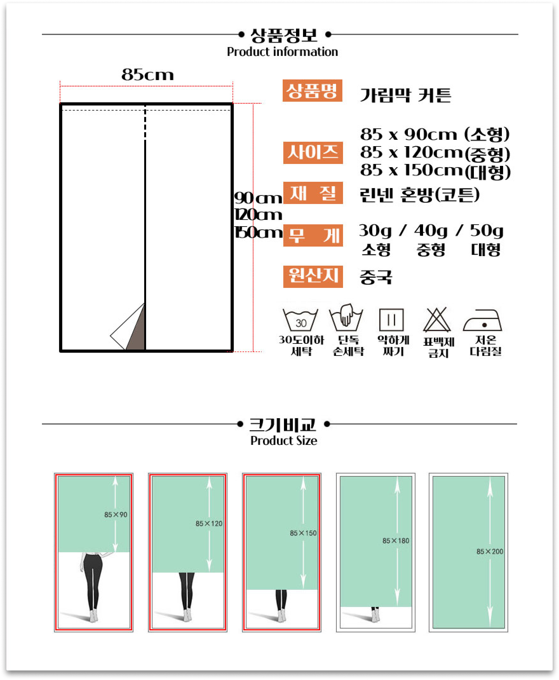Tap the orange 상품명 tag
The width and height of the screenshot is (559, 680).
[312, 91]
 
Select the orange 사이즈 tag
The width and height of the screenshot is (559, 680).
[313, 153]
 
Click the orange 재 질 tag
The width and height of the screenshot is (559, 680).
[313, 193]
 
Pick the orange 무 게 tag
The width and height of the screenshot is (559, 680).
[313, 235]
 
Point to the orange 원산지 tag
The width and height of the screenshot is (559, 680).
[313, 277]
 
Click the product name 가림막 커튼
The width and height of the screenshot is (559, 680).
[405, 95]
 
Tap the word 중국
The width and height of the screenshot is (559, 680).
[376, 277]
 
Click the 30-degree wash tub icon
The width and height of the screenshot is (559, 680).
[300, 320]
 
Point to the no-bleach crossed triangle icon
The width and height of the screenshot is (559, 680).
[437, 320]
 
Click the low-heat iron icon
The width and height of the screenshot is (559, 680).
[482, 320]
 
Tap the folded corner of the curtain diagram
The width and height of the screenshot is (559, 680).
[127, 327]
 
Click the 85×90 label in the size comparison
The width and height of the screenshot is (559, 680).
[116, 515]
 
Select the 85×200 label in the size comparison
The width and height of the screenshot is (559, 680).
[490, 552]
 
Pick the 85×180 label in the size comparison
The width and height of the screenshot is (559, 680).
[396, 541]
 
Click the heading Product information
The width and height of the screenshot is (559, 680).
[282, 52]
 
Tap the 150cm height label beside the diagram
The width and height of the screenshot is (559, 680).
[258, 232]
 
